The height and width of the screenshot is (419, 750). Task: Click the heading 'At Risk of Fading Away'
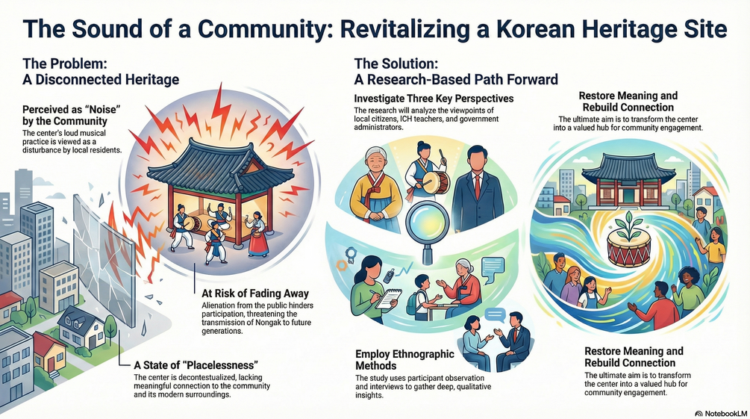pos(255,293)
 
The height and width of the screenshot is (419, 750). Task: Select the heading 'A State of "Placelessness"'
pos(196,365)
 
